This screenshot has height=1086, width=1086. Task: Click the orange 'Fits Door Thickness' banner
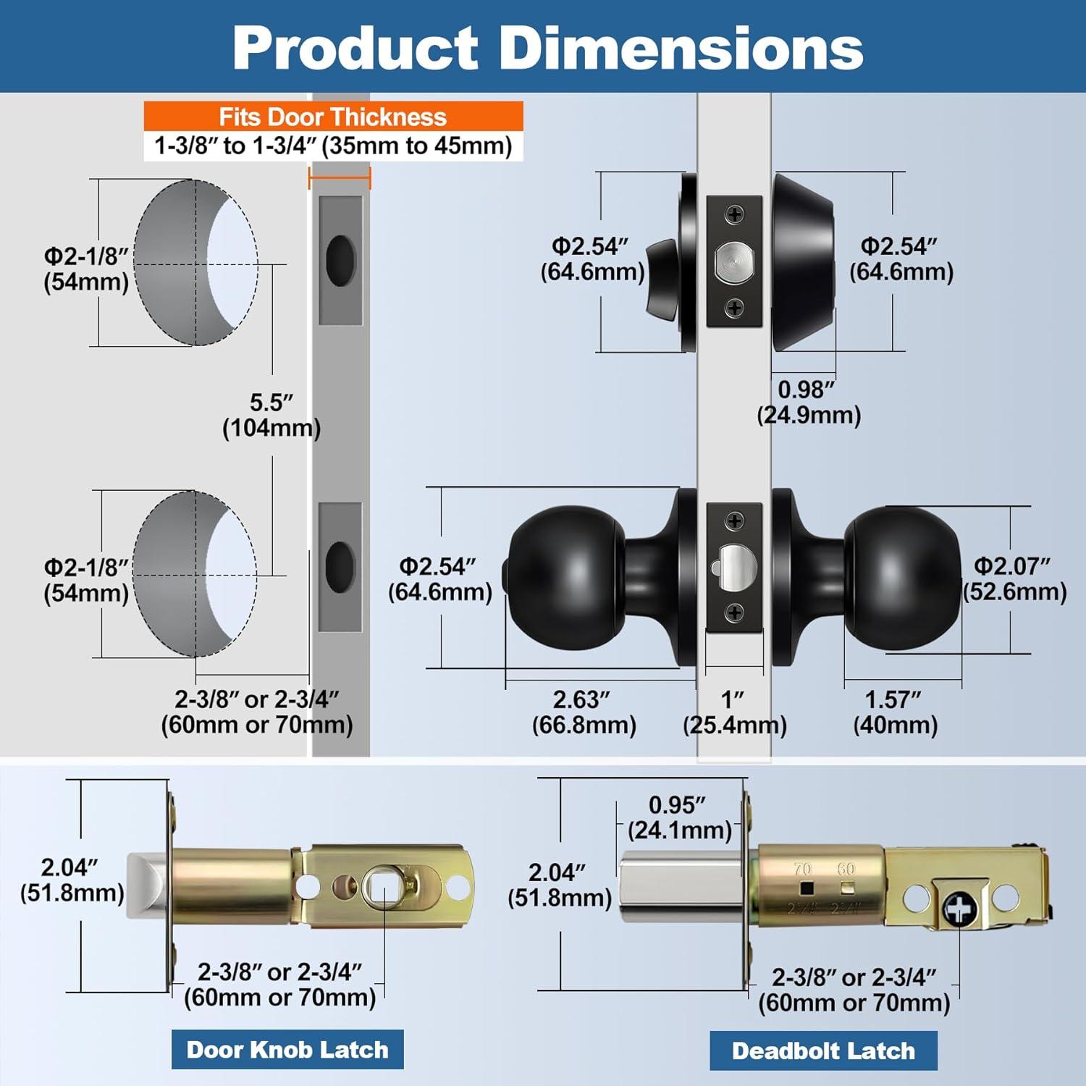[x=333, y=117]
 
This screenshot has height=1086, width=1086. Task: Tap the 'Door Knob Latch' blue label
[x=287, y=1049]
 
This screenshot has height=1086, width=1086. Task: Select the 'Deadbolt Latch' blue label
[x=823, y=1051]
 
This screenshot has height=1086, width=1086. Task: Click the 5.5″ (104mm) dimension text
[x=271, y=415]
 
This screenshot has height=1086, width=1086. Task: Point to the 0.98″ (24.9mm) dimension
[x=808, y=403]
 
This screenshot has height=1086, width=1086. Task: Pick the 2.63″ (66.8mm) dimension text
[x=584, y=712]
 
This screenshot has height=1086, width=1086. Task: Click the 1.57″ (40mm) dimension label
[x=895, y=712]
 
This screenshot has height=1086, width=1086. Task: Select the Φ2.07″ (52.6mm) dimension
[x=1014, y=578]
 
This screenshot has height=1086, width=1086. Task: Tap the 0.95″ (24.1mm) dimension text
[x=679, y=817]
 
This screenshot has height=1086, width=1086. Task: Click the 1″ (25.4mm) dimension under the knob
[x=734, y=712]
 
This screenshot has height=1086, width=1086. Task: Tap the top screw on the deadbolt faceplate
[x=735, y=214]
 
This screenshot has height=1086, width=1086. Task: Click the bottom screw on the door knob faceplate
[x=735, y=613]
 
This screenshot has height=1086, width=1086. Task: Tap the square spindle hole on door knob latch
[x=382, y=886]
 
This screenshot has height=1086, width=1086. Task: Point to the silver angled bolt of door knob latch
[x=148, y=886]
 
